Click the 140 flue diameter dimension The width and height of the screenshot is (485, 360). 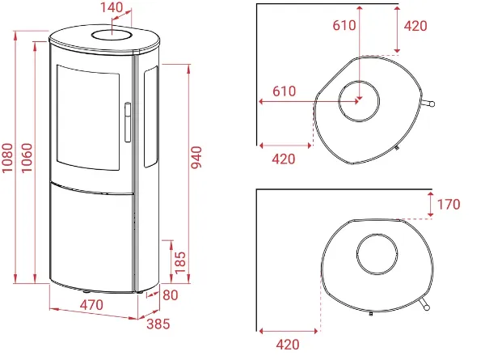[x=112, y=7]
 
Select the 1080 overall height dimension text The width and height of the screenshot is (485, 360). [x=7, y=158]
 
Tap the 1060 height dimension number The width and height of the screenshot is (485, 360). [x=27, y=158]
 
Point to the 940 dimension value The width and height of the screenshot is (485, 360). [x=196, y=158]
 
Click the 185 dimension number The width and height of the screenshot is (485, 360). [x=180, y=263]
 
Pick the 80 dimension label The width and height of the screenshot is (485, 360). [x=171, y=295]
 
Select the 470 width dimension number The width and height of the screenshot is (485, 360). [x=91, y=305]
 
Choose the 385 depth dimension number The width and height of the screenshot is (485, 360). [x=158, y=324]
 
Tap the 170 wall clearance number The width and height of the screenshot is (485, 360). [x=449, y=205]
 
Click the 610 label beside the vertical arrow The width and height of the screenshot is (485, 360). [x=344, y=25]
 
